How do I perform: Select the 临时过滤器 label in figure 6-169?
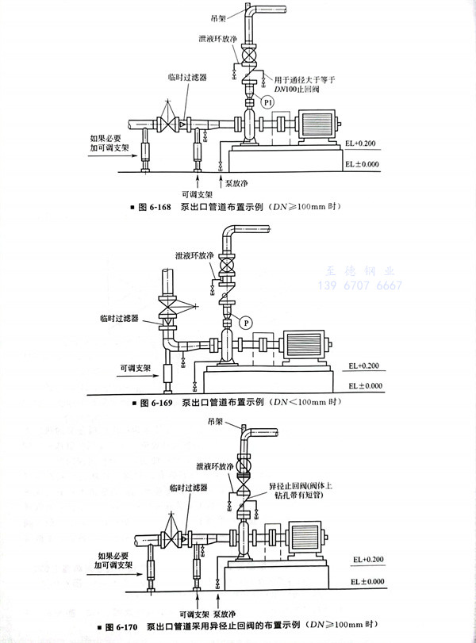[118, 318]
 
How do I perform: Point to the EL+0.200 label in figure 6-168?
[362, 144]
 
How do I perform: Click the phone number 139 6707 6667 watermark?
[359, 285]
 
